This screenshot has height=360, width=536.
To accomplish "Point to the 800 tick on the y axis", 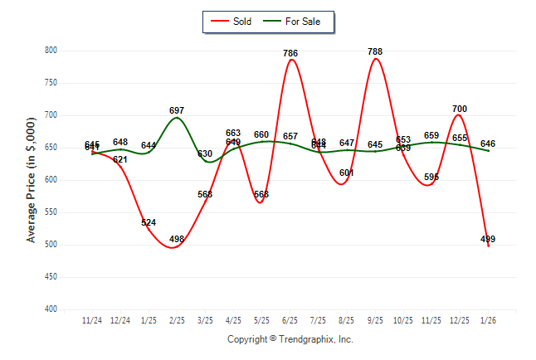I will pos(51,51).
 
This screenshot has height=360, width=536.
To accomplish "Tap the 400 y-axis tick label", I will pos(51,309).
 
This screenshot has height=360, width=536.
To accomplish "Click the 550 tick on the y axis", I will pos(51,212).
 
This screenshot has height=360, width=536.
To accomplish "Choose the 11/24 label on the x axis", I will pos(92,320).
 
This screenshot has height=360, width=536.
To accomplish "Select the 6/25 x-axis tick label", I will pos(290,320).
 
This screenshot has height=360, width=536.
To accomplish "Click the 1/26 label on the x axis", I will pos(488,320).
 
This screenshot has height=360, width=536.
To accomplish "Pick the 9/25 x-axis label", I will pos(375,320).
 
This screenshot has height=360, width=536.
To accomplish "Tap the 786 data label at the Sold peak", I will pos(290,53).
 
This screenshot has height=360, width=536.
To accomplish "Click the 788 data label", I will pos(375,51).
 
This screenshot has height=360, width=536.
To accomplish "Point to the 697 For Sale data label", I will pos(177,110).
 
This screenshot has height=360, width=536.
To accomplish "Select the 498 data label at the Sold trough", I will pos(177,239).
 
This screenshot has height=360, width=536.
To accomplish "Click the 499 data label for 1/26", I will pos(488,239).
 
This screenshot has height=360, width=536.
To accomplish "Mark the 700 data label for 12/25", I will pos(460,109).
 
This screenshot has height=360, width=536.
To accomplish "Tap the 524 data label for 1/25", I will pos(149,222).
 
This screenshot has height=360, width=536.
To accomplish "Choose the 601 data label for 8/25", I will pos(347,173).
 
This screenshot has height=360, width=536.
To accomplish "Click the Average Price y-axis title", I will pos(32,179).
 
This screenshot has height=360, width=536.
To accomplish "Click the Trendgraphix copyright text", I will pos(290,339).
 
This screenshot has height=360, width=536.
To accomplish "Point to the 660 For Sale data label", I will pos(261,134).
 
